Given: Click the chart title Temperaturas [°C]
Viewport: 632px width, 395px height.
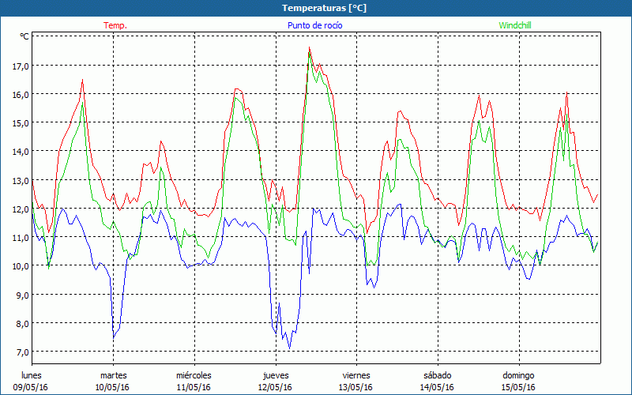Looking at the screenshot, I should click(316, 8).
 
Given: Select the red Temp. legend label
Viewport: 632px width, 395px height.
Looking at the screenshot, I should click(115, 25).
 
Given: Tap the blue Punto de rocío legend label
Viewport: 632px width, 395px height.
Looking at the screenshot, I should click(315, 25).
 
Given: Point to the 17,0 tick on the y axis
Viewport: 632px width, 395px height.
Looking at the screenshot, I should click(18, 66).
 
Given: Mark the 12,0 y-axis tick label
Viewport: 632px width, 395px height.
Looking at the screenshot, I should click(18, 209).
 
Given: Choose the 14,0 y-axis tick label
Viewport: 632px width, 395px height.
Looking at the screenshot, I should click(18, 151).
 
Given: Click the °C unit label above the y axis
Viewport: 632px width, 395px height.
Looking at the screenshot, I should click(24, 36).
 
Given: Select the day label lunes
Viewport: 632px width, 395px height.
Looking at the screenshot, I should click(32, 375).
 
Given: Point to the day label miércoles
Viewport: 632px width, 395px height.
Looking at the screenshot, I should click(194, 375).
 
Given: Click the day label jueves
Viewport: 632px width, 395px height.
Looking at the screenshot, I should click(275, 375).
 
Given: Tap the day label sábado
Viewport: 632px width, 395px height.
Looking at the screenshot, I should click(437, 375).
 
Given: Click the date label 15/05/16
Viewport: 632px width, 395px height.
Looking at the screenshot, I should click(518, 387).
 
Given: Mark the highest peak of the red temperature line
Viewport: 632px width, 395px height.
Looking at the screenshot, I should click(310, 47).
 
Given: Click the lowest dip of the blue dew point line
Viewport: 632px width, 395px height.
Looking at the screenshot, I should click(290, 348).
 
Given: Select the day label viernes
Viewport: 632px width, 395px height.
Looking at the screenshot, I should click(355, 375).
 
